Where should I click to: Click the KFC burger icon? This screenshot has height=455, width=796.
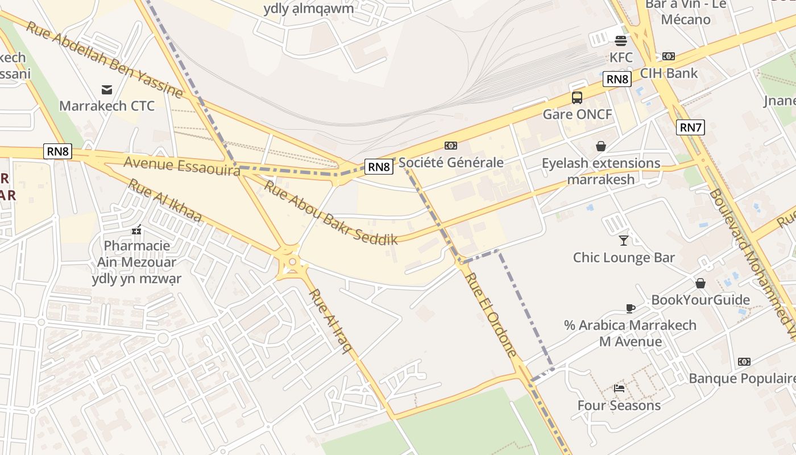(621, 40)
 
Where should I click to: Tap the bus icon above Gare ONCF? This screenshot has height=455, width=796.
(577, 98)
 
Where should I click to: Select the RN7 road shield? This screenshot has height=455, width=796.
(691, 127)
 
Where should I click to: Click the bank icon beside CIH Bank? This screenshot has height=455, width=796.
(669, 56)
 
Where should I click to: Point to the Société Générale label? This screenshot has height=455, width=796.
(451, 163)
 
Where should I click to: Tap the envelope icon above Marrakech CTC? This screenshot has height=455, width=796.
(106, 89)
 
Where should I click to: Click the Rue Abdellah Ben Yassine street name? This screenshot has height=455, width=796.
(105, 60)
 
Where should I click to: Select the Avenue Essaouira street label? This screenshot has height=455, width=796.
(182, 166)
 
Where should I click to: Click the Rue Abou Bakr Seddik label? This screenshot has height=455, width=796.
(330, 212)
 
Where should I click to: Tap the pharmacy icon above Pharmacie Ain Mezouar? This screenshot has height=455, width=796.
(136, 230)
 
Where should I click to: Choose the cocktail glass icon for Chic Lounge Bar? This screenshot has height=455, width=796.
(624, 240)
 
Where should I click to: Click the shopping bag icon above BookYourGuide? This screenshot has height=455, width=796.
(700, 283)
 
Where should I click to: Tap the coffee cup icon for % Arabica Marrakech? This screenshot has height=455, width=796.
(630, 308)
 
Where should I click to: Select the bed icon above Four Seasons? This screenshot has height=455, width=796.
(619, 388)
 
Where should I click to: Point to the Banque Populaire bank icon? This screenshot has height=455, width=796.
(744, 362)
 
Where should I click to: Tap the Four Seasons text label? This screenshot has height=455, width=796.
(619, 406)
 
